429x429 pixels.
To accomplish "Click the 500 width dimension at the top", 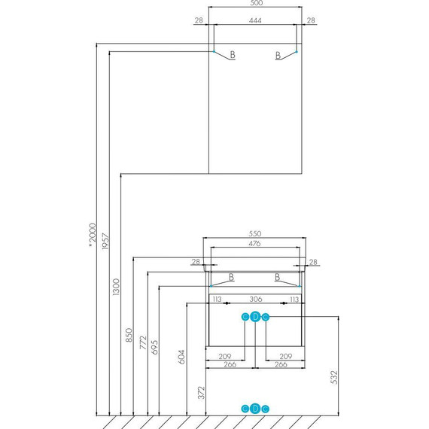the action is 257,3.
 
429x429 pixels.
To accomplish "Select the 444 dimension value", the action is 255,20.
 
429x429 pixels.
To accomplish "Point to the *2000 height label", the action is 93,235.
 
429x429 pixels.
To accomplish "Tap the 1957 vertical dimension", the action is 105,241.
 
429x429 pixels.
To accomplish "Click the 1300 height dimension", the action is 116,287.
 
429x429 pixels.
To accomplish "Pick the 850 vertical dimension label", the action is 129,335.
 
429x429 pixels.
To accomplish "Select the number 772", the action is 143,342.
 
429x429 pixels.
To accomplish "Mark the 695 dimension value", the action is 154,348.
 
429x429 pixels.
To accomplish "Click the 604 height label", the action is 181,357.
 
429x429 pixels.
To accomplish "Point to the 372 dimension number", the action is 201,393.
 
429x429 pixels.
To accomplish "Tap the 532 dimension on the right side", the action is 334,377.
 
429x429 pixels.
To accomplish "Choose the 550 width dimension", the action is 255,233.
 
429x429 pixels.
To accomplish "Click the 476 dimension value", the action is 254,243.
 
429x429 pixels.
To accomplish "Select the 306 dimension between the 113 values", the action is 256,299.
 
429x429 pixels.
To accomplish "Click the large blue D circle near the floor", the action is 255,409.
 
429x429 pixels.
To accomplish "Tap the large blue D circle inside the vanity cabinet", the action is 255,317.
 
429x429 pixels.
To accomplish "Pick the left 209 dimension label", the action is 225,356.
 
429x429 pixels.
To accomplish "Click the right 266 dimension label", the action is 281,364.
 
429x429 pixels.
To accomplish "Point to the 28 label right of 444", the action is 311,20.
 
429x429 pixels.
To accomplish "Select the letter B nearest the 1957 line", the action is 233,55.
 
